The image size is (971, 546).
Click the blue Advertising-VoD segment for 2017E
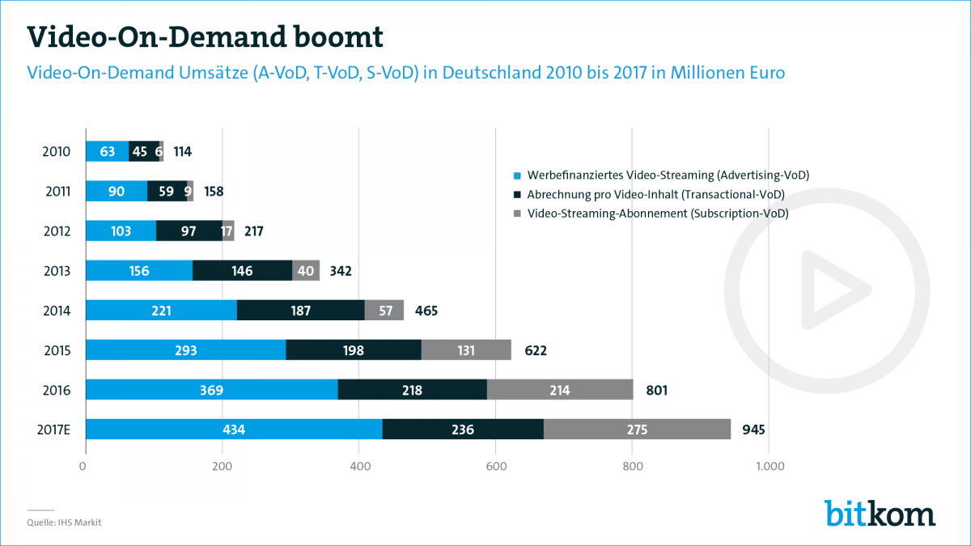[234, 430]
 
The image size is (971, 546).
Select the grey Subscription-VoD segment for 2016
[560, 390]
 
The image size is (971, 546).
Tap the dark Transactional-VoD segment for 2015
[354, 350]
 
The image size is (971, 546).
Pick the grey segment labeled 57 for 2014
[384, 310]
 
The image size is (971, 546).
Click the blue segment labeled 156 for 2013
[139, 270]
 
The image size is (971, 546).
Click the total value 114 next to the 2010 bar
[182, 151]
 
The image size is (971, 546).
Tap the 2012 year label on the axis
[57, 231]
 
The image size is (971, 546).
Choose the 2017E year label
[53, 430]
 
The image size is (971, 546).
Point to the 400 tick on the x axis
[360, 466]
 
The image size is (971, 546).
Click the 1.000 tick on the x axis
[770, 466]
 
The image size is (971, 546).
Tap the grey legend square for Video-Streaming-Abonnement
[516, 214]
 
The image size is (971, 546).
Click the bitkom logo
[880, 513]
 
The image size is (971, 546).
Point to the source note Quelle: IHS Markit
[65, 523]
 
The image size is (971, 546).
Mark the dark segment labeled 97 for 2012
[189, 231]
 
